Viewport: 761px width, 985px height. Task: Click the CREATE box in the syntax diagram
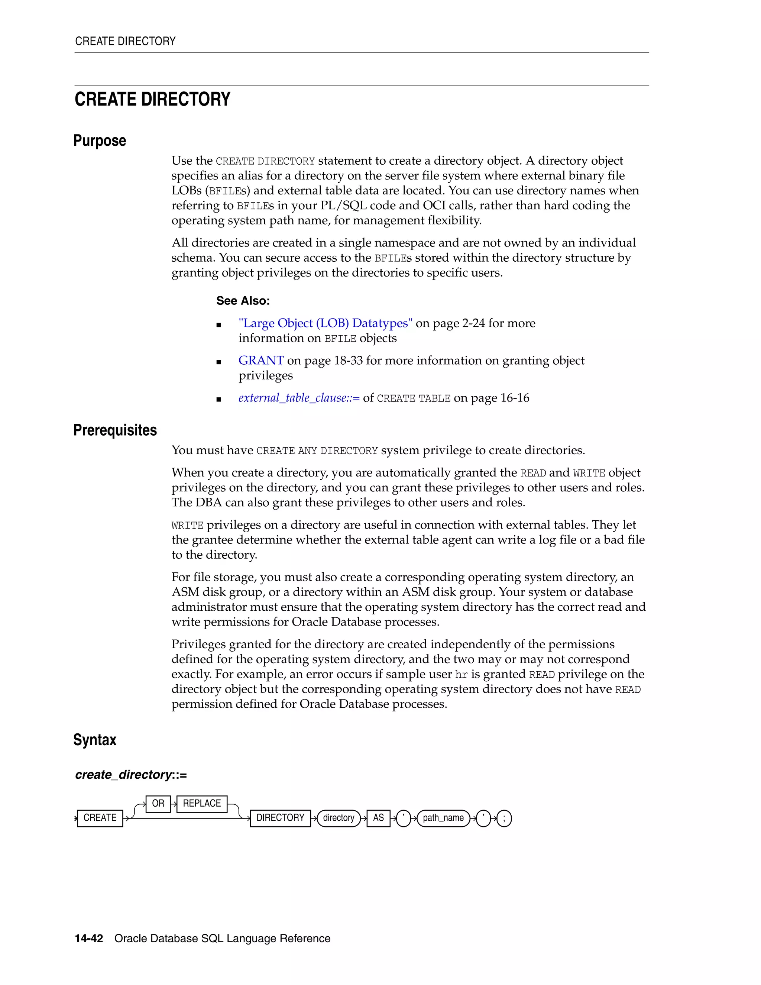100,818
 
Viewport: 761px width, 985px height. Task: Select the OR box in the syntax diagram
158,803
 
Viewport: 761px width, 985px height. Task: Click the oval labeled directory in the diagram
339,818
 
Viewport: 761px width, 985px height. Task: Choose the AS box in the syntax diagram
378,818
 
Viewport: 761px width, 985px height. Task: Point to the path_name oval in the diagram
443,818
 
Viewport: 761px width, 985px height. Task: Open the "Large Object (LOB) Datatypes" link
325,323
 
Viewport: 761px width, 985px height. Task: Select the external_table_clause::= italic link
299,398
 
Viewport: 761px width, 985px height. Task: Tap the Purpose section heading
100,141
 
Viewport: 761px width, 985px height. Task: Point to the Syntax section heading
95,740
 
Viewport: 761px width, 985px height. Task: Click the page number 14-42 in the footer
89,939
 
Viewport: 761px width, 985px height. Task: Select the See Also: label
243,301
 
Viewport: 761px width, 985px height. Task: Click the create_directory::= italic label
131,775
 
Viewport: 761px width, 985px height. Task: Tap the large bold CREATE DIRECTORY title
152,100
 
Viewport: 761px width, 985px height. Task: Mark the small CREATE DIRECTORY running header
125,41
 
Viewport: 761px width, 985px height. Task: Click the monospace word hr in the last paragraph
461,675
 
